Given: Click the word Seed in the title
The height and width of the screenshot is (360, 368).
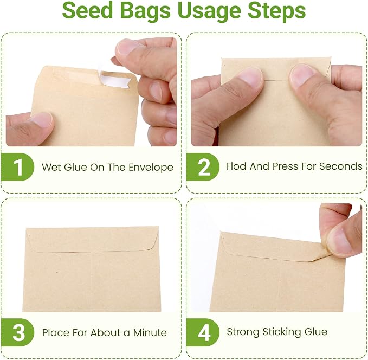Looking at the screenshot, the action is pos(88,10).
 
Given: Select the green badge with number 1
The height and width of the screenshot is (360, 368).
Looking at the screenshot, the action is pos(17,167).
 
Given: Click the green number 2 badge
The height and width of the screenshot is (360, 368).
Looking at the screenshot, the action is pos(203,167).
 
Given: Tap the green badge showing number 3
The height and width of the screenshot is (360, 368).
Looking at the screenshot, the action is pos(17,332).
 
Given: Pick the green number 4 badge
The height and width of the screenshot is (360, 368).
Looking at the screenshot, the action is pos(203,332).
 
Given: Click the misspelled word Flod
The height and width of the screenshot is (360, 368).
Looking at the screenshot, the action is pos(236,166).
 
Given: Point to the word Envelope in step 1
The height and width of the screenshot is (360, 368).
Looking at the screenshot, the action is pos(151,168).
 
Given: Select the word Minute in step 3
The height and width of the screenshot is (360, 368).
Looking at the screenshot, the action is pos(150,332).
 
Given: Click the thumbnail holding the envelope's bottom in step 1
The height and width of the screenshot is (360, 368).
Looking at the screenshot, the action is pos(42,119).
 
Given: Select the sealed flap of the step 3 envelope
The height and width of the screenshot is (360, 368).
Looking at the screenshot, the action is pos(92,240).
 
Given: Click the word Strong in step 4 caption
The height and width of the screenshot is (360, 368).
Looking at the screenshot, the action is pos(243,332).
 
